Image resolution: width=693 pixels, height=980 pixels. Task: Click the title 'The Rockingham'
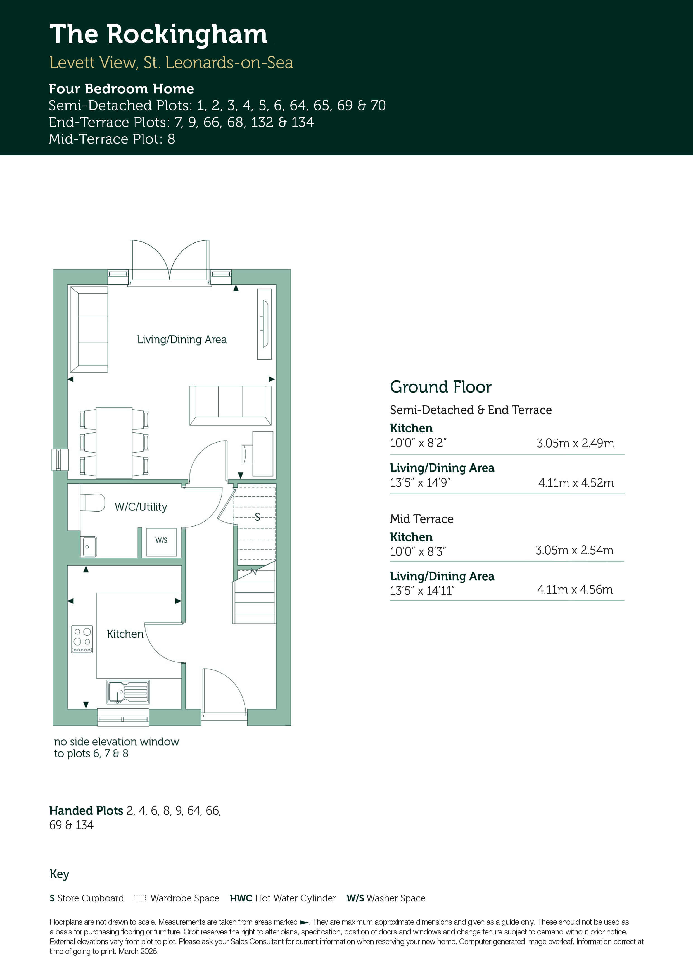click(158, 35)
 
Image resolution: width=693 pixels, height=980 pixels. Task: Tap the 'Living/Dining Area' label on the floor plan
click(182, 340)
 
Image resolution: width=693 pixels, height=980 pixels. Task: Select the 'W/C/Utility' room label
click(141, 507)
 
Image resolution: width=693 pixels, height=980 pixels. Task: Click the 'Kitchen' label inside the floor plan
click(125, 634)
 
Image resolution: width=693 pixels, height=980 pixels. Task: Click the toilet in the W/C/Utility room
click(92, 503)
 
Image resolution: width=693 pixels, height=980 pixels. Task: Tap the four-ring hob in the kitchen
click(82, 639)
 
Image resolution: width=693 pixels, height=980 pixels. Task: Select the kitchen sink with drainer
click(128, 692)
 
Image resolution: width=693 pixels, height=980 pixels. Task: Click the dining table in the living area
click(114, 443)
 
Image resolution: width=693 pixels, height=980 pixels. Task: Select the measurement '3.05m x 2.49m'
click(575, 443)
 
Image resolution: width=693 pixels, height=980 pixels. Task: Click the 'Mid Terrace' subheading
click(422, 519)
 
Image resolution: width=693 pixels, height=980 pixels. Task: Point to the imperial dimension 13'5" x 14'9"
click(420, 483)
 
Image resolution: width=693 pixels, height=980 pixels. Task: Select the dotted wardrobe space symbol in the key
click(140, 898)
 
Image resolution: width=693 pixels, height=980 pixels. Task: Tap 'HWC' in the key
click(241, 898)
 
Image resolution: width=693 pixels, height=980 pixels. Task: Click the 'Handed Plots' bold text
click(86, 810)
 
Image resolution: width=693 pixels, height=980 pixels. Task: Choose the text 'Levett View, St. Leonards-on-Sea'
click(171, 63)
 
